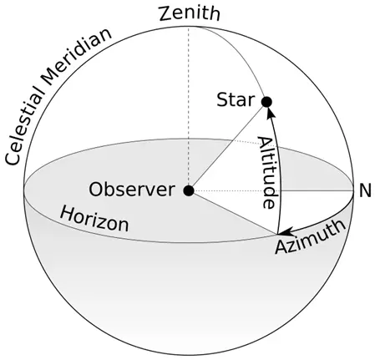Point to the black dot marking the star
266,102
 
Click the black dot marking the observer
189,190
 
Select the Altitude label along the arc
266,172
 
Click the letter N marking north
364,190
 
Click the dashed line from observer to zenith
189,109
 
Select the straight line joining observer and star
227,146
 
